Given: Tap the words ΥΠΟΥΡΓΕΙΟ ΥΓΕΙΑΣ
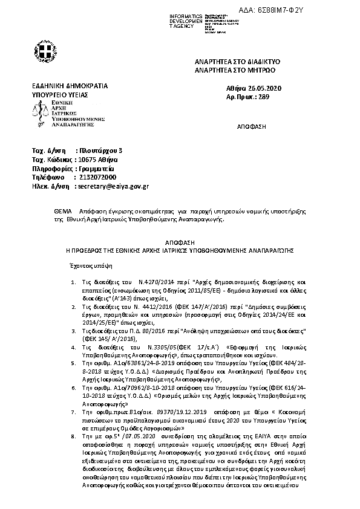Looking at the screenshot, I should point(60,96).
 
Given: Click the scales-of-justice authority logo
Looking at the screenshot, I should point(42,112).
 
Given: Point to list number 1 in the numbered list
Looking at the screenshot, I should point(73,282).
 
